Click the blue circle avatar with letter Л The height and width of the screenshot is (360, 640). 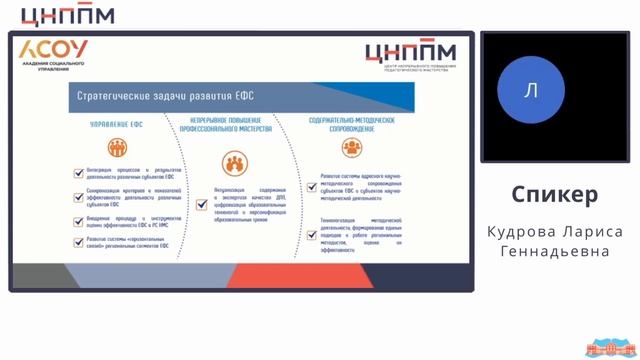pos(531,91)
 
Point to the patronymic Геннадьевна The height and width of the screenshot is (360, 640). pos(554,252)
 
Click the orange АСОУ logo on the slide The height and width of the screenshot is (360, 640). pos(54,50)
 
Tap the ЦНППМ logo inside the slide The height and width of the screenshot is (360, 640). pos(410,53)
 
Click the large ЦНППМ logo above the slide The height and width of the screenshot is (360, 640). pos(68,15)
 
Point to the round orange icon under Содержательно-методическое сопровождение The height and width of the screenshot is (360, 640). pos(352,148)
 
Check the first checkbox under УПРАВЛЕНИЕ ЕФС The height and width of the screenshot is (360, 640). pos(78,173)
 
